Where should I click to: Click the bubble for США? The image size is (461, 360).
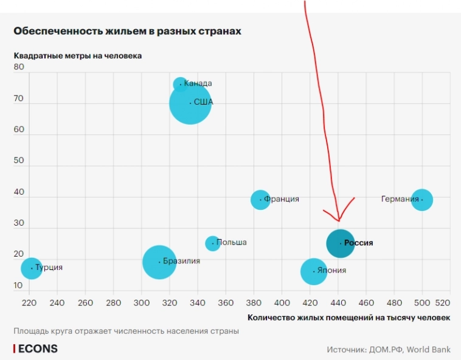click(x=190, y=103)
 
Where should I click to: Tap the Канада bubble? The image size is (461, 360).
click(x=181, y=84)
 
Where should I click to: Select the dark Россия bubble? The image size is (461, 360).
click(x=340, y=243)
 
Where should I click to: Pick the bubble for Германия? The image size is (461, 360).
click(x=422, y=199)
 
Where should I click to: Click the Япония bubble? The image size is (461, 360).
click(x=314, y=271)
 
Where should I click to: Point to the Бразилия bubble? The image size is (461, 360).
click(x=159, y=262)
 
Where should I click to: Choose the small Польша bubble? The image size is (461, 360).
click(x=212, y=243)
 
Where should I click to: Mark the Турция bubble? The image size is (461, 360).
click(x=32, y=268)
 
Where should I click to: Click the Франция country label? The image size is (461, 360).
click(x=282, y=199)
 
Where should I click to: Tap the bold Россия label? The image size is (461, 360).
click(x=358, y=243)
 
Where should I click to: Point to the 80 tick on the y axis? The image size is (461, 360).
click(x=18, y=67)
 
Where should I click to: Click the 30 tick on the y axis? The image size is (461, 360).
click(x=18, y=223)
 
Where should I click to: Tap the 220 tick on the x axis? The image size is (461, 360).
click(x=29, y=302)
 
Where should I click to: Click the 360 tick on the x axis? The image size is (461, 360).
click(x=226, y=302)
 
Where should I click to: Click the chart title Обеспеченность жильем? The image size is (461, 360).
click(x=127, y=30)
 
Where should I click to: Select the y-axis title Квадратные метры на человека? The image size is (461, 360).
click(x=78, y=56)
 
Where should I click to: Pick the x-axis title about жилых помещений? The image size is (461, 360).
click(x=349, y=317)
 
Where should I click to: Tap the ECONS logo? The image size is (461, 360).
click(x=36, y=348)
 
